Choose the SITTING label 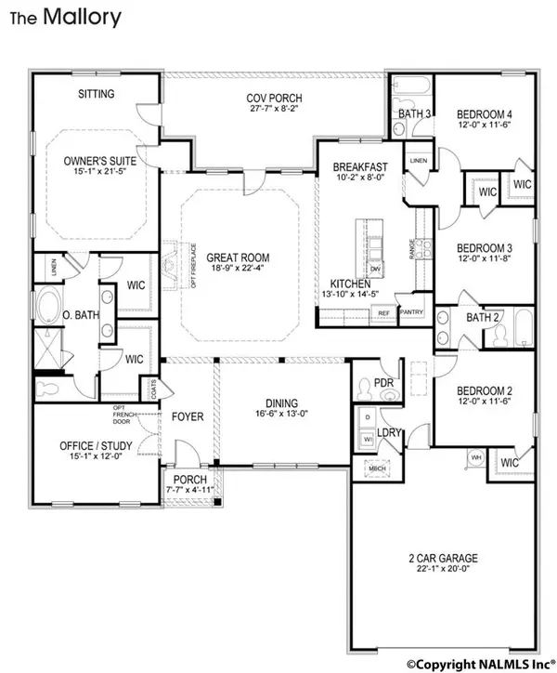click(x=96, y=94)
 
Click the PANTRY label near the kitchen click(x=410, y=313)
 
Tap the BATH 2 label click(x=483, y=318)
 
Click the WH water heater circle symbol click(x=475, y=457)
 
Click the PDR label click(x=384, y=382)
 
